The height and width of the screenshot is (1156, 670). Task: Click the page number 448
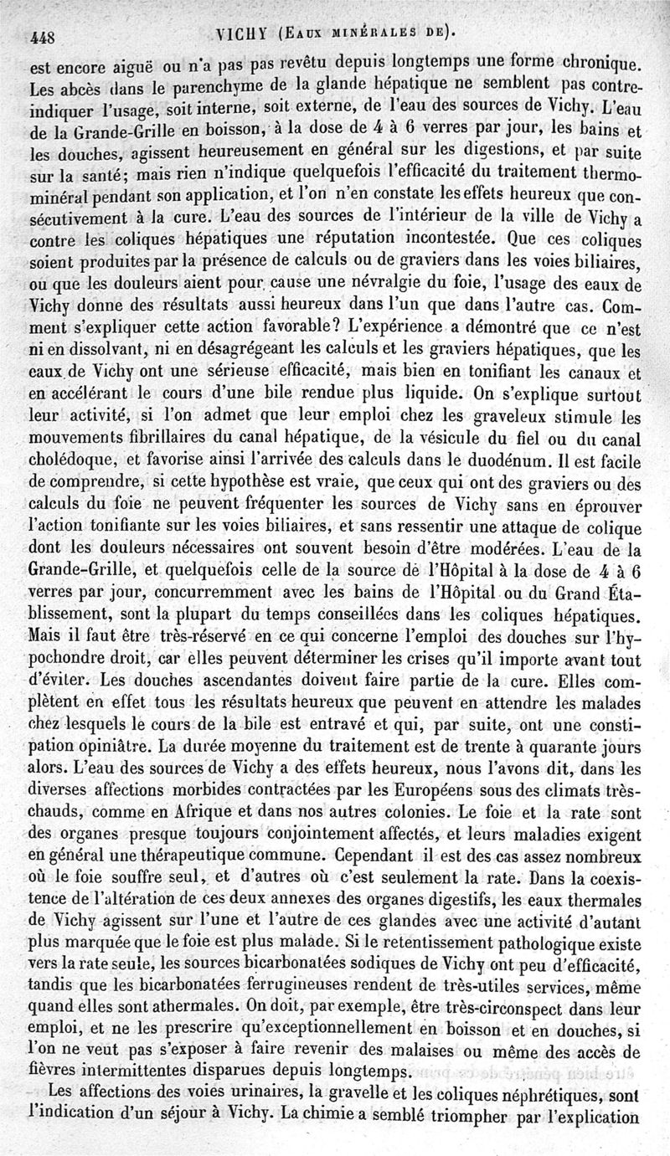coord(42,37)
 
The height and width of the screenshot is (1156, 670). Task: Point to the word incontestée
coord(417,244)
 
